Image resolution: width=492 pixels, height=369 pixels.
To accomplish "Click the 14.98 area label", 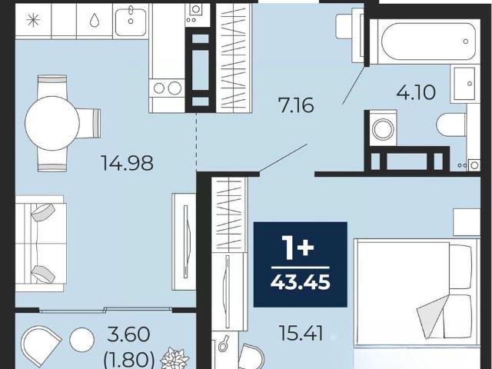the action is coord(127,163).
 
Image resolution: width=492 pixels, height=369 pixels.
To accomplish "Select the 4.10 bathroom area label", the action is coord(416,92).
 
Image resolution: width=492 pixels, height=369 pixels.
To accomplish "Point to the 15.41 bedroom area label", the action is coord(301,334).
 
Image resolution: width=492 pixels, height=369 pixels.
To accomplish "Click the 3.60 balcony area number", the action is coord(128,334).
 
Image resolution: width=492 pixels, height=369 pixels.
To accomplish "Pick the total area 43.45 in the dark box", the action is coord(301,282).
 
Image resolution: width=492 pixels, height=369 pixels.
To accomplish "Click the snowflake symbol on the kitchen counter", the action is coord(33,21).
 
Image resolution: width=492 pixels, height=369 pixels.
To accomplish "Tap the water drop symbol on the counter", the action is coord(94,21).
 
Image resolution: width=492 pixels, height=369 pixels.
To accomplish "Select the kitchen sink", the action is coord(131,22).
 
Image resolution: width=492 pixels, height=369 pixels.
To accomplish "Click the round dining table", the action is coord(52,123).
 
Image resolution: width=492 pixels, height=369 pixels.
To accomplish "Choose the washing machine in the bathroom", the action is coord(383,128).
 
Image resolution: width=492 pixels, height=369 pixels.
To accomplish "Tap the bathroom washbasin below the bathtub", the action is coord(464,84).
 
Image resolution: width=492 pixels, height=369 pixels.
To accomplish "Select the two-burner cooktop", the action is coord(167,88).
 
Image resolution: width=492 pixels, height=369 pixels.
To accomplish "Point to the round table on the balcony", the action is coord(82,340).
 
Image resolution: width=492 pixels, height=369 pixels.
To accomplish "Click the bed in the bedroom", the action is coord(417,292).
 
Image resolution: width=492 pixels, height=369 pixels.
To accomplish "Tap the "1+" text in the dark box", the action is coord(298,248).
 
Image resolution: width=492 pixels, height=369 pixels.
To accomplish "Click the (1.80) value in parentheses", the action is coord(129,359).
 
